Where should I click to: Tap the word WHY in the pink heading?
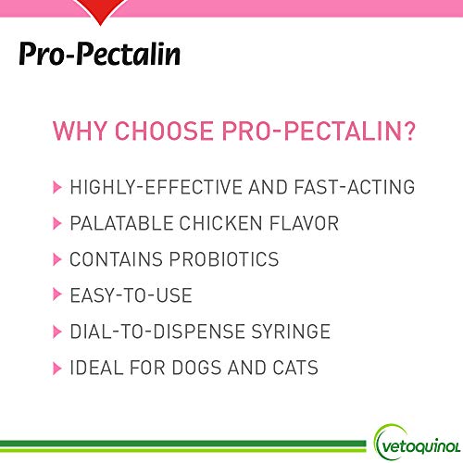(79, 131)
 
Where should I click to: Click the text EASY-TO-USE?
(131, 296)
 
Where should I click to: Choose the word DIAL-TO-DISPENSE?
(158, 332)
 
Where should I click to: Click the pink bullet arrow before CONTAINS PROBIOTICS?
(57, 260)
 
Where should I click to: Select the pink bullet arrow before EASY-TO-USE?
(57, 296)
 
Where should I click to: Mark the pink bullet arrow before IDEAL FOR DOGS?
(57, 369)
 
